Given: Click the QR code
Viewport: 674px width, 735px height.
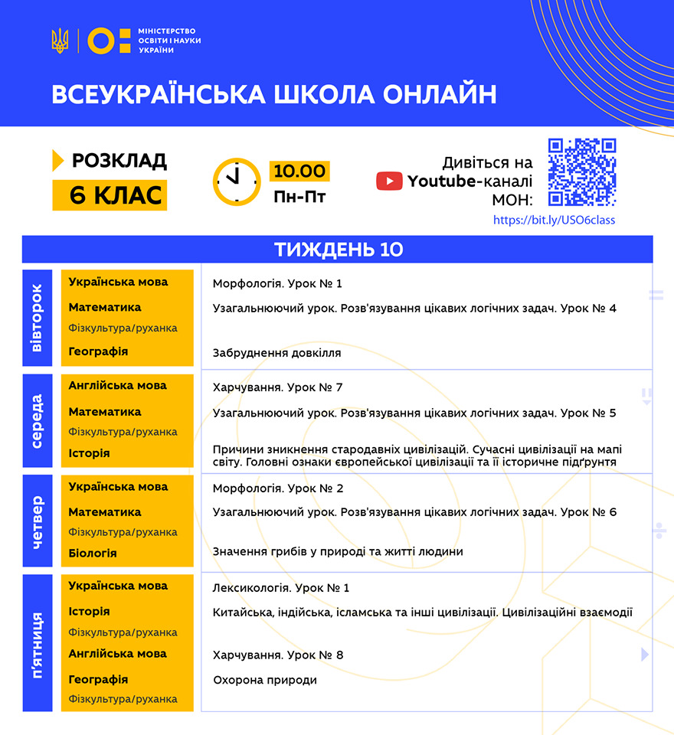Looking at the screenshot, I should coord(582,172).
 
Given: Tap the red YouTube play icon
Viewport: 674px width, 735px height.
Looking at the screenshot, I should coord(389,181).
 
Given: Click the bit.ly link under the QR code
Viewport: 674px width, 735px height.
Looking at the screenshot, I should coord(554,220).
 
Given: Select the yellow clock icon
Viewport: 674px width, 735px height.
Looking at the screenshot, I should coord(237,182).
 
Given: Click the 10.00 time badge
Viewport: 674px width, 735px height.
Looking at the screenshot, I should coord(299,171).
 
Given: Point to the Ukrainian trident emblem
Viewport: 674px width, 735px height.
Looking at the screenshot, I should coord(60,40).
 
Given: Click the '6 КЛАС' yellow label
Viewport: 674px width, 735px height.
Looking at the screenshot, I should coord(110,195).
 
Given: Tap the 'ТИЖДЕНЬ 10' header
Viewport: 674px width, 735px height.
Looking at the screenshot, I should coord(338,250).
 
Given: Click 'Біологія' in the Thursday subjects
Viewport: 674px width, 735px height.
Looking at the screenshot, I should coord(93,553).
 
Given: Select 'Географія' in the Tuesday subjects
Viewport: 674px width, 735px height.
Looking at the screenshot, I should coord(98,351).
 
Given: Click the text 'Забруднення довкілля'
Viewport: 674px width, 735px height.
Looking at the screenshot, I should coord(276,353).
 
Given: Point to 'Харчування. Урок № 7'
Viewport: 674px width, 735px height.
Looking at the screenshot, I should coord(277,387).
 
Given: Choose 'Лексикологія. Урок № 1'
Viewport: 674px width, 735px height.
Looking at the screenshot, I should coord(280,588).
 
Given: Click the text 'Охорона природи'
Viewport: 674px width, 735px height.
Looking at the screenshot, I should coord(264,680).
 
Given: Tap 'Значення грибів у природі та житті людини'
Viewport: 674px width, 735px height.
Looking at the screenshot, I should coord(338,551).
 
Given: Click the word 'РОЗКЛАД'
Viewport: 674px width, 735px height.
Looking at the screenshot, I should coord(119,161).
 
